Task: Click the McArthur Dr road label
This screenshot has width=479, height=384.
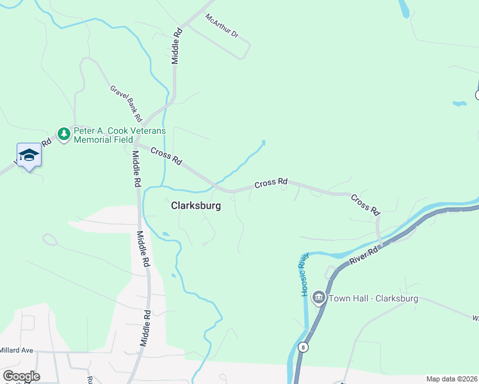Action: tap(222, 26)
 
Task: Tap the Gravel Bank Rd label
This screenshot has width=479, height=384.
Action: tap(126, 104)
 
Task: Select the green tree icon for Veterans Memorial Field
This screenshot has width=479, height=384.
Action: tap(63, 134)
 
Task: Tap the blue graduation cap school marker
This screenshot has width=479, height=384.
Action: tap(29, 154)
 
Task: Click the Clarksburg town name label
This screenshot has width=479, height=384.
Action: tap(196, 206)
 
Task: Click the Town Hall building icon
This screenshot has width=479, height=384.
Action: tap(318, 298)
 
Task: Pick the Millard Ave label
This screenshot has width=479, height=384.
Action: tap(17, 351)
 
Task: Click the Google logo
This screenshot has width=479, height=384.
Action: tap(21, 376)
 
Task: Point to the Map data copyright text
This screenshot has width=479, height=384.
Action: tap(452, 379)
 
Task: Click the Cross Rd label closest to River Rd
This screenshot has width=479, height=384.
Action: tap(366, 205)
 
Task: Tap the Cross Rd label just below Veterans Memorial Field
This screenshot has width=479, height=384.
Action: tap(167, 157)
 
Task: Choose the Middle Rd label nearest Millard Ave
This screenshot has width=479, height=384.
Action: tap(147, 327)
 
